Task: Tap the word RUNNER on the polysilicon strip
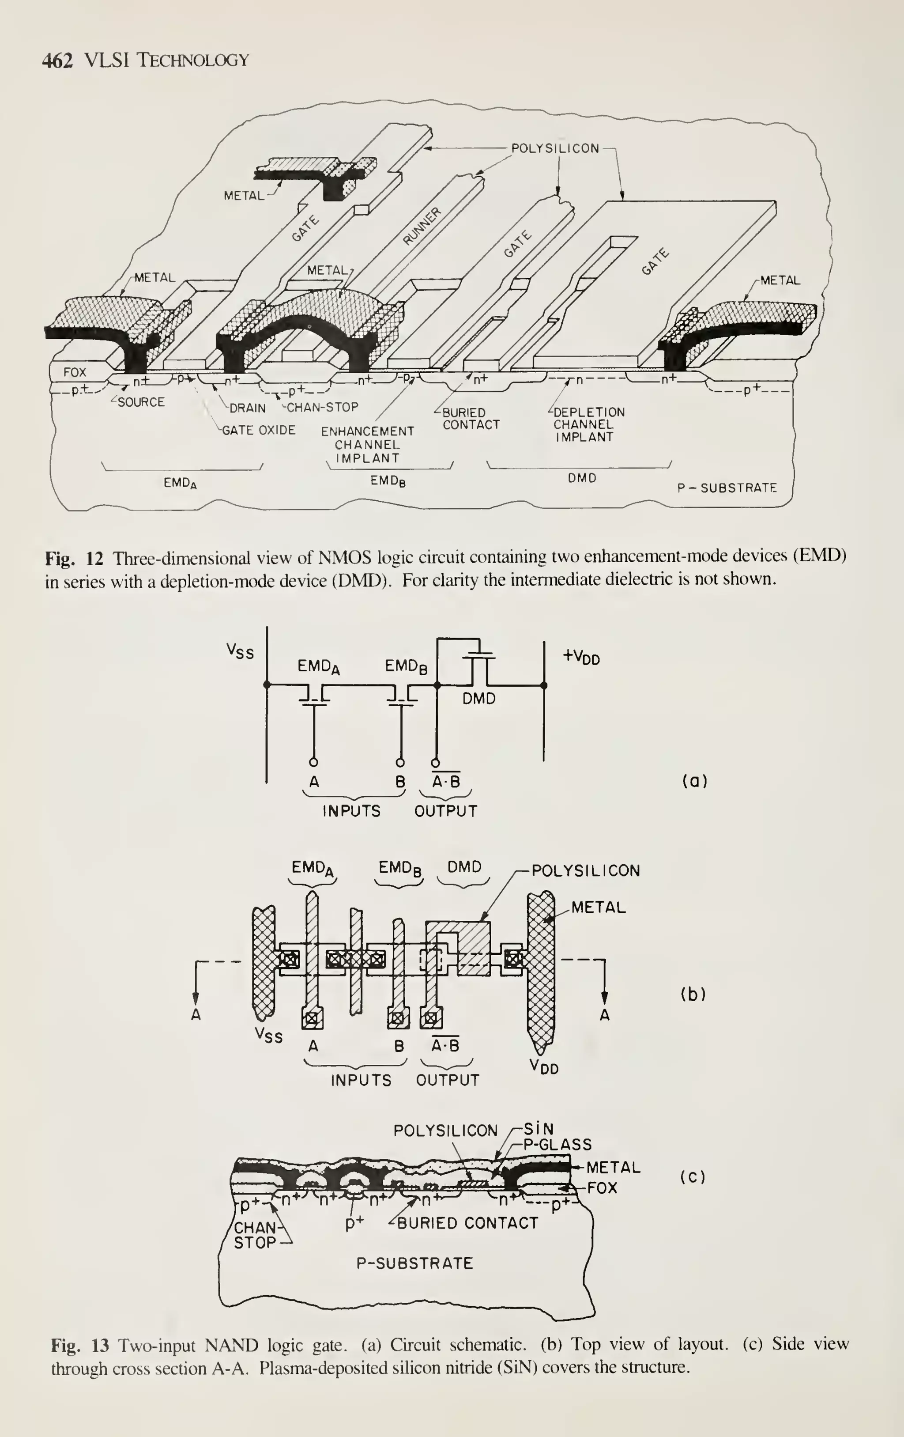click(422, 227)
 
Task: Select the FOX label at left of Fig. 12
click(75, 372)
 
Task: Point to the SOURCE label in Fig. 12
click(141, 402)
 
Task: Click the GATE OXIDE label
click(258, 430)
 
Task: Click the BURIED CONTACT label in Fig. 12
click(470, 419)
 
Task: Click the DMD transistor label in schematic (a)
click(479, 698)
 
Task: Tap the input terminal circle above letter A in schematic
click(314, 762)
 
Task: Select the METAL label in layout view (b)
click(598, 908)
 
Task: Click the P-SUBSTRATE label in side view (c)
click(414, 1263)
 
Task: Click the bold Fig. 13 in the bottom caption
click(80, 1345)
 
